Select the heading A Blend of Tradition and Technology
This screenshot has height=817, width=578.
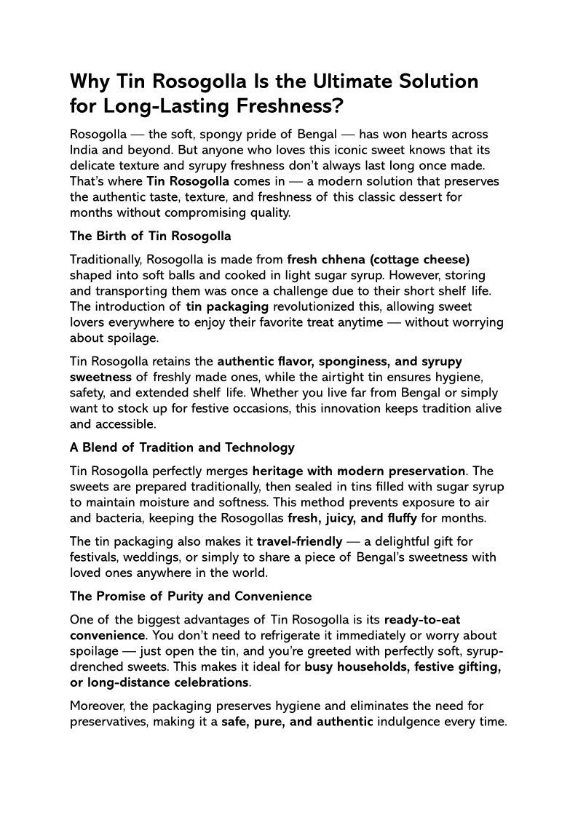click(x=182, y=447)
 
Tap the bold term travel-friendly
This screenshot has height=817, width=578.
click(x=299, y=541)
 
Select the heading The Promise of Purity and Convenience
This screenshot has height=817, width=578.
click(x=191, y=596)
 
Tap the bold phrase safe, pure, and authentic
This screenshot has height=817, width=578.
click(x=298, y=721)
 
